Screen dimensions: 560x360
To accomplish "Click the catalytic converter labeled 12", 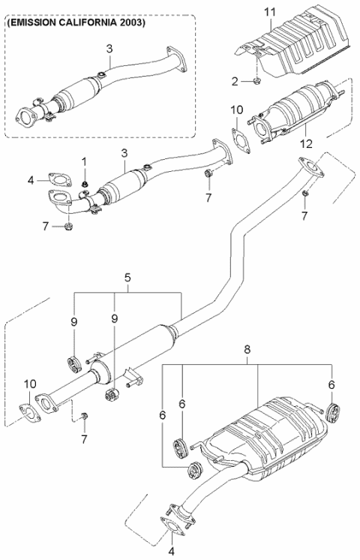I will pyautogui.click(x=296, y=113).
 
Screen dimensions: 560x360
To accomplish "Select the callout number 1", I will pyautogui.click(x=85, y=161).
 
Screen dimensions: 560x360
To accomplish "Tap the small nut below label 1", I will pyautogui.click(x=85, y=182).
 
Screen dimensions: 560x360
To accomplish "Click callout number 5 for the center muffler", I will pyautogui.click(x=127, y=277).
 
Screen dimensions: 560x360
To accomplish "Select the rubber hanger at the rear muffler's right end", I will pyautogui.click(x=336, y=412).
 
